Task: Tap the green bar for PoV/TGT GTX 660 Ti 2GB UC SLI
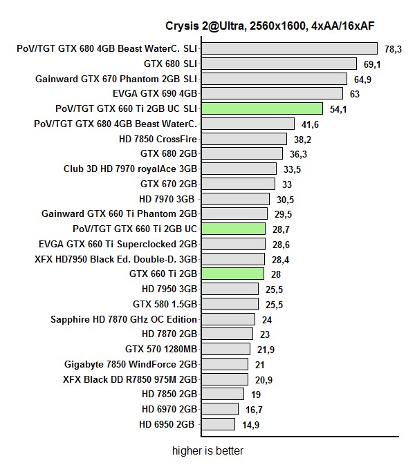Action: (262, 108)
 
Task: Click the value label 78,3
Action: (394, 49)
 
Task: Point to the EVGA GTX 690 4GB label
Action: (155, 93)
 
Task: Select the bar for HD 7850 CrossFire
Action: (243, 139)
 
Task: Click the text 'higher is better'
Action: (207, 451)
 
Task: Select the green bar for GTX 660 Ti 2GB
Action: (232, 274)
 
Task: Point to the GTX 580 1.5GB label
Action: (165, 304)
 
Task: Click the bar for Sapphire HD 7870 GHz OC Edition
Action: (228, 319)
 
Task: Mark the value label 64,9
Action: (364, 79)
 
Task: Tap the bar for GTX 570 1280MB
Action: (225, 350)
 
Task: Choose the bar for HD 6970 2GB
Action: (221, 409)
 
